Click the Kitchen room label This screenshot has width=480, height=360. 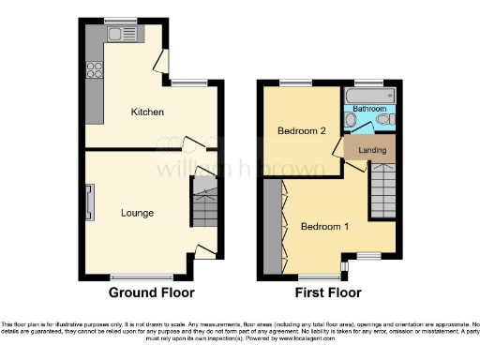pyautogui.click(x=147, y=112)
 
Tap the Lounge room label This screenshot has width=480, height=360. pyautogui.click(x=137, y=213)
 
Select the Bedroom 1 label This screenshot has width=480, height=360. pyautogui.click(x=324, y=226)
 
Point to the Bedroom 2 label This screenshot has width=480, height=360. pyautogui.click(x=302, y=131)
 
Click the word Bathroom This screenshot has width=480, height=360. pyautogui.click(x=370, y=110)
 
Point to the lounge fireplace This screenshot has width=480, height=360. pyautogui.click(x=90, y=202)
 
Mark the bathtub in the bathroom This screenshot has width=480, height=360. pyautogui.click(x=371, y=97)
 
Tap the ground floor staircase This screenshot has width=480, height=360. pyautogui.click(x=205, y=205)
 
